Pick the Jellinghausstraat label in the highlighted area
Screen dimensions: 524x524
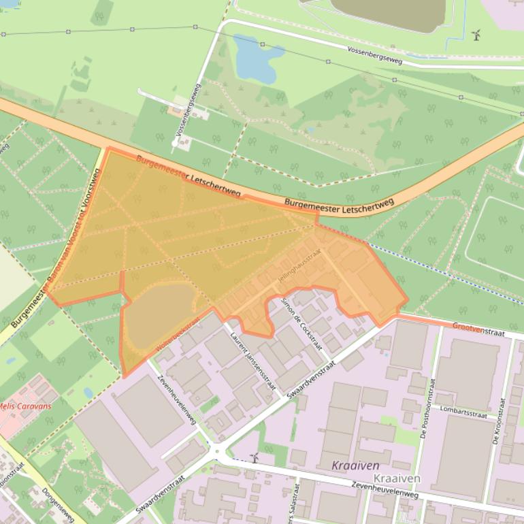(298, 270)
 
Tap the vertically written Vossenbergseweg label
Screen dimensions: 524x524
(189, 112)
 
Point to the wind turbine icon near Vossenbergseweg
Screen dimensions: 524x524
(476, 35)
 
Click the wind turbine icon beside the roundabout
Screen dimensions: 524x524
(255, 458)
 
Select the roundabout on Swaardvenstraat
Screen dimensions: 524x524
(216, 450)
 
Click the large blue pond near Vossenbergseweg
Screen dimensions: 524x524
(257, 58)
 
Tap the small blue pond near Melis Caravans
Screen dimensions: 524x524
(88, 393)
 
